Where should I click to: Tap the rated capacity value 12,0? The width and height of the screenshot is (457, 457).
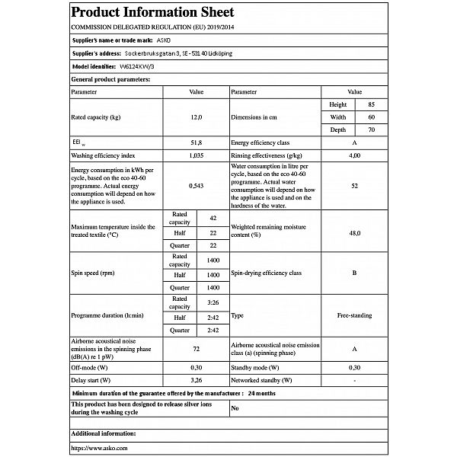tap(197, 118)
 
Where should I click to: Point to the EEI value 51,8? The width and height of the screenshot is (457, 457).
tap(197, 142)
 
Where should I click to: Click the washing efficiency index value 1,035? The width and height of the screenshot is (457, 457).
tap(197, 155)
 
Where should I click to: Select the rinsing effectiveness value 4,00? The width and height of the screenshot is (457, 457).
tap(354, 155)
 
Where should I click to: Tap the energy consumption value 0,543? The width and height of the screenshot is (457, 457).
tap(197, 184)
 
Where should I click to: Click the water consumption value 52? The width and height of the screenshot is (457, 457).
tap(354, 184)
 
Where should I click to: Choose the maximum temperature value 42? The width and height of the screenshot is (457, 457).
tap(213, 219)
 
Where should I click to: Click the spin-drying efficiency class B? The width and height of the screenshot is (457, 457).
tap(354, 273)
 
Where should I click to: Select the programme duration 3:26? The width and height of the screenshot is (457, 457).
tap(213, 302)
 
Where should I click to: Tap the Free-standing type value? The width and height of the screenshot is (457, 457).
tap(354, 315)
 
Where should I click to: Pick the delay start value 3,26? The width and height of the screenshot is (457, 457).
tap(197, 379)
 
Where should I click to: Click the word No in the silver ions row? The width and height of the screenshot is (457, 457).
tap(235, 408)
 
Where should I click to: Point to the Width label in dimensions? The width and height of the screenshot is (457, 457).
tap(338, 118)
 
